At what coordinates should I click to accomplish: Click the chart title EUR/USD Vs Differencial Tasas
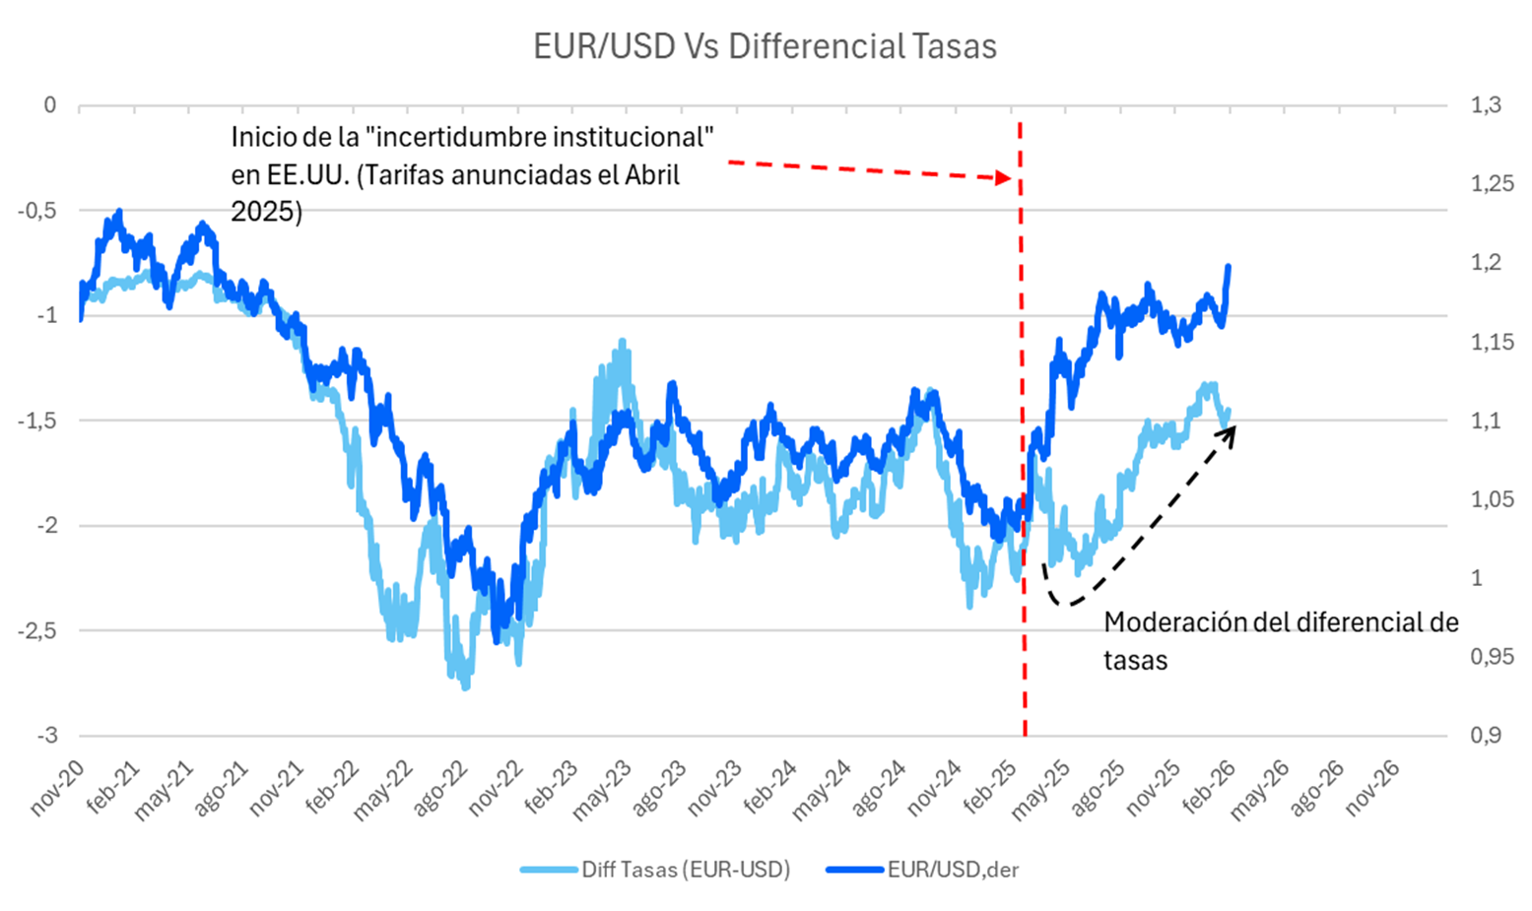pyautogui.click(x=765, y=46)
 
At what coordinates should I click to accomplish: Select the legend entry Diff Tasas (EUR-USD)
pyautogui.click(x=685, y=869)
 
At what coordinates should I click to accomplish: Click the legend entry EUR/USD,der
pyautogui.click(x=952, y=869)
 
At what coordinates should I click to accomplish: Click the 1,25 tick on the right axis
pyautogui.click(x=1492, y=184)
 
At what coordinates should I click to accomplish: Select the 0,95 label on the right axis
pyautogui.click(x=1492, y=657)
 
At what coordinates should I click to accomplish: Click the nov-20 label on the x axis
pyautogui.click(x=57, y=788)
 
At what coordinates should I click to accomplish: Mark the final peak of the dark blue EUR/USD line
pyautogui.click(x=1229, y=266)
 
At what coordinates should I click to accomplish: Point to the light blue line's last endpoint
pyautogui.click(x=1228, y=412)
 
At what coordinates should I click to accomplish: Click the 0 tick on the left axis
pyautogui.click(x=49, y=105)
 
